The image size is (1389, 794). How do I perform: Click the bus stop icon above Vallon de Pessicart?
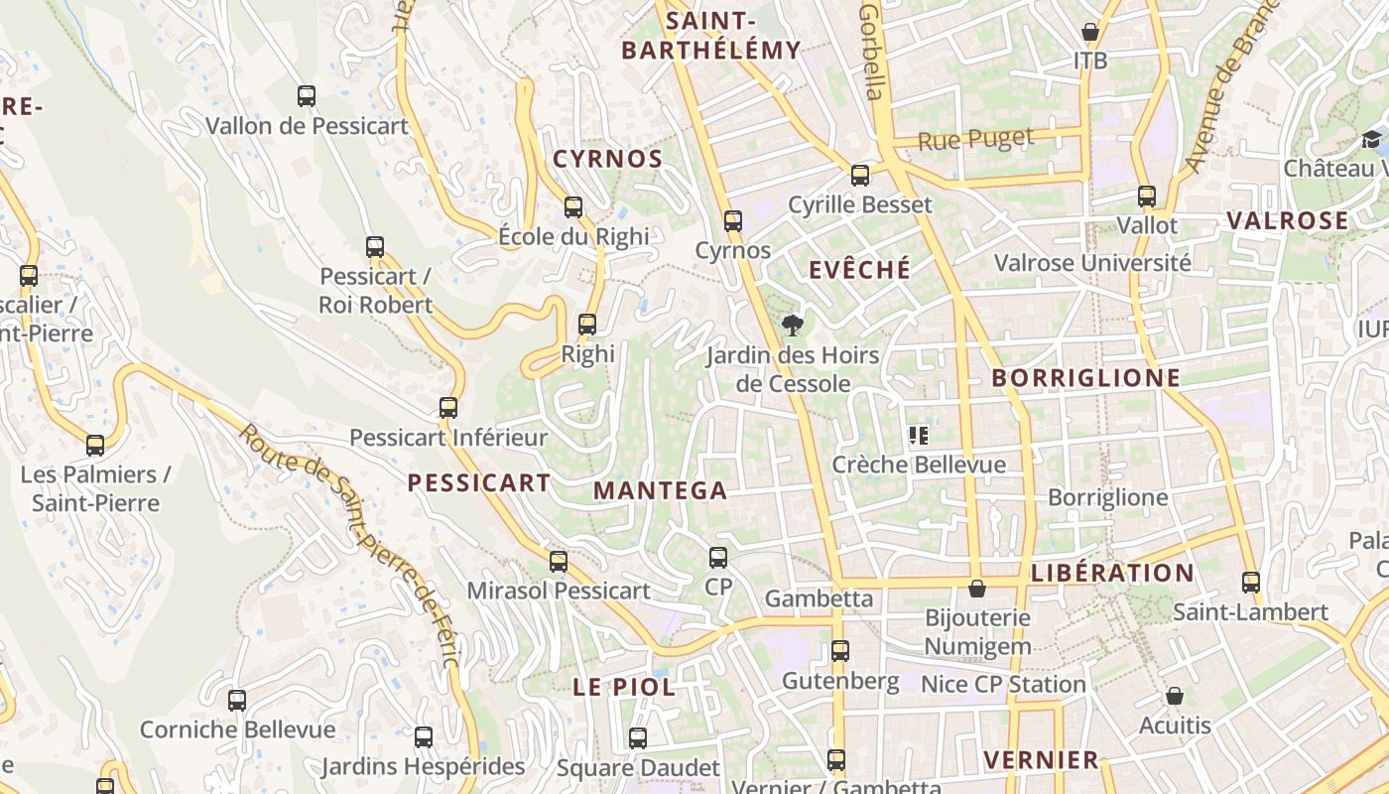tap(307, 96)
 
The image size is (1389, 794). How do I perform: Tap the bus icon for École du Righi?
tap(573, 207)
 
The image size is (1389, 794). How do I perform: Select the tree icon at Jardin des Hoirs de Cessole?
tap(792, 325)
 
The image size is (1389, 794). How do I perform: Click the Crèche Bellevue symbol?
tap(918, 435)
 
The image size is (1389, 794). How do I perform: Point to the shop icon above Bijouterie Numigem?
tap(977, 589)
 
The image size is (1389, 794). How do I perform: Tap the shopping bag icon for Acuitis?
tap(1175, 696)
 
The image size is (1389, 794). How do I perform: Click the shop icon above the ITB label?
tap(1089, 32)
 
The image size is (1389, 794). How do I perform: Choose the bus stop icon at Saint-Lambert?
tap(1251, 583)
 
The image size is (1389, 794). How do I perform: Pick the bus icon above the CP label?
tap(718, 558)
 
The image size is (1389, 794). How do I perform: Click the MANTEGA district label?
tap(661, 490)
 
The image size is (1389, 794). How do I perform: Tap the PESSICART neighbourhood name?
tap(479, 483)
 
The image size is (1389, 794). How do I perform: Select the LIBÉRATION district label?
tap(1112, 573)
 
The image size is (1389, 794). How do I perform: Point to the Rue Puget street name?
tap(975, 140)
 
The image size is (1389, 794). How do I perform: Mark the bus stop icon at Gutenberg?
tap(840, 651)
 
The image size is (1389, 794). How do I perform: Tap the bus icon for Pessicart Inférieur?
tap(448, 408)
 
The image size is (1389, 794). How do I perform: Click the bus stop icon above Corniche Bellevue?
tap(237, 701)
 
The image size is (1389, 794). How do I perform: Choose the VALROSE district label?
tap(1288, 220)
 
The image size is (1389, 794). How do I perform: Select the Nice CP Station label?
tap(1003, 684)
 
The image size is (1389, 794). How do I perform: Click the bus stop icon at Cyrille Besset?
tap(860, 176)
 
